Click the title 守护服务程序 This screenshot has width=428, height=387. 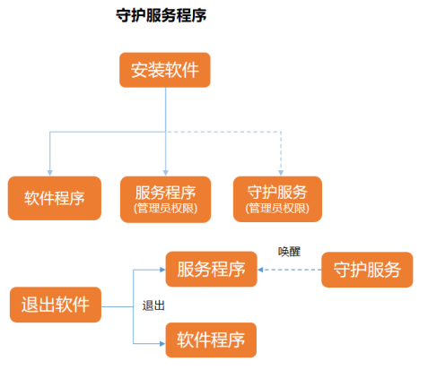(x=162, y=15)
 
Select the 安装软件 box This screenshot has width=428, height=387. (x=165, y=70)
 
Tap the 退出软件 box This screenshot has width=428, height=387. (x=56, y=305)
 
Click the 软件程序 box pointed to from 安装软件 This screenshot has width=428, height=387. (x=55, y=198)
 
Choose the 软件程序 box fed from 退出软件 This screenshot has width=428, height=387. (x=211, y=340)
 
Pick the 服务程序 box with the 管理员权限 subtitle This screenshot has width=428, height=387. (x=165, y=199)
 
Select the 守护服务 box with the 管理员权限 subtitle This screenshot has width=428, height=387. (x=277, y=199)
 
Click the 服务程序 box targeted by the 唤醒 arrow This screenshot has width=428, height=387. (x=211, y=269)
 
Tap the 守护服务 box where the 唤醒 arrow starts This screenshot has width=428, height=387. (x=367, y=270)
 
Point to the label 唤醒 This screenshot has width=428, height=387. (x=289, y=252)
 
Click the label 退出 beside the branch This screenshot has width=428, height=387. (x=153, y=305)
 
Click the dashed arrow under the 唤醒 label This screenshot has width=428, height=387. (x=290, y=270)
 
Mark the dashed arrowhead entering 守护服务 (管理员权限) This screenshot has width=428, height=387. (x=281, y=173)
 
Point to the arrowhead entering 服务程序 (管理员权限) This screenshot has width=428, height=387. (x=166, y=173)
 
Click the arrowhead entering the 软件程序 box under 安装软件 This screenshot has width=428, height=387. (x=50, y=173)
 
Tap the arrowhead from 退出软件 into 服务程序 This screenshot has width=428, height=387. (x=162, y=270)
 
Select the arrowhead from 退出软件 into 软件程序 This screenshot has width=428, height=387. (x=162, y=344)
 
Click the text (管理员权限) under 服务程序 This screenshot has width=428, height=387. (x=165, y=209)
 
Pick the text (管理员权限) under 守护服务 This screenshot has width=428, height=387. (x=277, y=208)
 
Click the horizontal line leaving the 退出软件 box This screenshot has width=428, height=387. (x=118, y=306)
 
